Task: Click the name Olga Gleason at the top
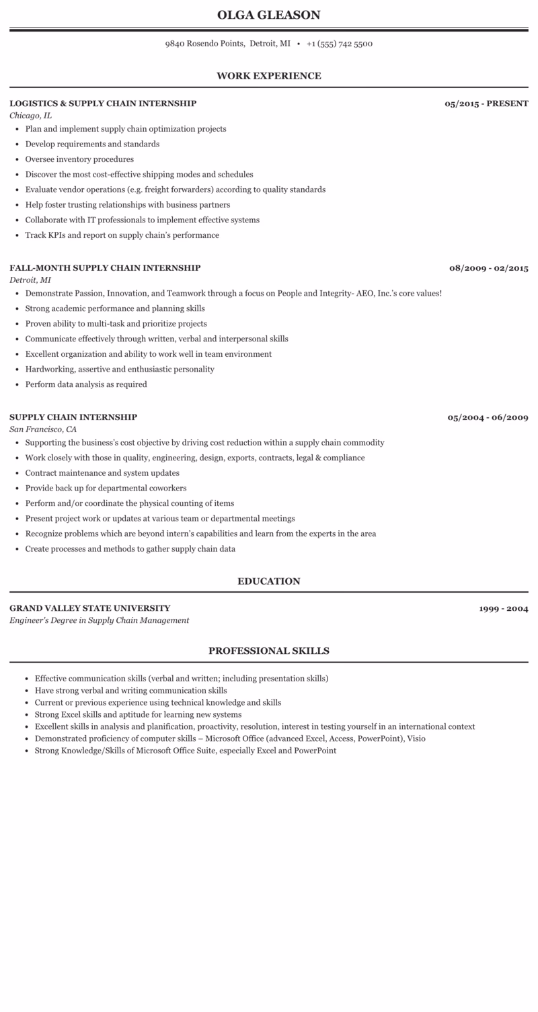pos(269,15)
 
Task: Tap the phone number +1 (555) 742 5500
pos(339,44)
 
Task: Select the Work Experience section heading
pos(269,76)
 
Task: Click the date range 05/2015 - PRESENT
pos(486,103)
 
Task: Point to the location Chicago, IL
pos(30,116)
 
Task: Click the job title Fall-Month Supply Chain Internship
pos(105,268)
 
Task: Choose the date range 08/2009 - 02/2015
pos(488,268)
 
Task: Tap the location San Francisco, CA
pos(43,429)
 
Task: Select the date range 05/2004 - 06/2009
pos(488,417)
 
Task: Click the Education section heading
pos(269,581)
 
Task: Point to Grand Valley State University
pos(90,608)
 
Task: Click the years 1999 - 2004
pos(503,609)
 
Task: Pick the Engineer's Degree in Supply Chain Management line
pos(99,620)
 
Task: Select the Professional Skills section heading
pos(269,650)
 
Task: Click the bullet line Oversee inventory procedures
pos(79,159)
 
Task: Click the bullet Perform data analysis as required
pos(86,384)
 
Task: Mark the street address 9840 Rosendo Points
pos(204,44)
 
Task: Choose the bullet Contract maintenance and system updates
pos(102,473)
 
